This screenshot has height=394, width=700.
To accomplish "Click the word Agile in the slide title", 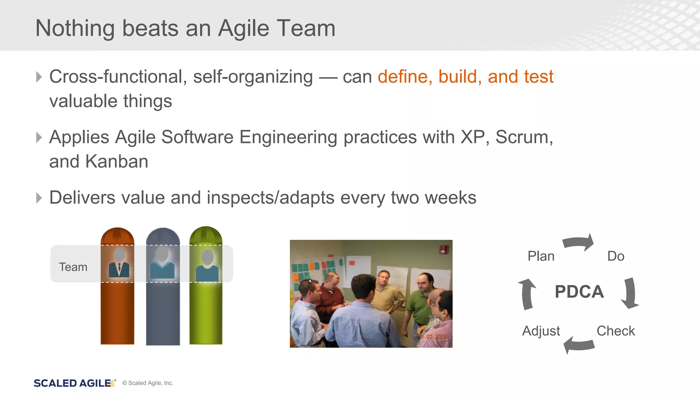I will point(244,29).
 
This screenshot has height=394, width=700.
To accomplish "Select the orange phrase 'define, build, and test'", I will point(465,77).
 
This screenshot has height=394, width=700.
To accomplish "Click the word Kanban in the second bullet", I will point(117,161).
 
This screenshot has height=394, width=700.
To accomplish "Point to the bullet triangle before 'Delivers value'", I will point(39,198).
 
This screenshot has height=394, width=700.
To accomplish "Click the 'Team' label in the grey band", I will point(73,267).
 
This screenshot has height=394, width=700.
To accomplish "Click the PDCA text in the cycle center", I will point(579,292).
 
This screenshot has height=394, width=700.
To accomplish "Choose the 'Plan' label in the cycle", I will point(541,256).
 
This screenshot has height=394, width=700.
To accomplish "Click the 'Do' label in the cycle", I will point(616,256).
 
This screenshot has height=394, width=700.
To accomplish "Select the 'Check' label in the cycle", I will point(615,331).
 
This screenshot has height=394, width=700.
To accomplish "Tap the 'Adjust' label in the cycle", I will point(541,331).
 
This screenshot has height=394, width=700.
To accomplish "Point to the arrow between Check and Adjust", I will point(579,345).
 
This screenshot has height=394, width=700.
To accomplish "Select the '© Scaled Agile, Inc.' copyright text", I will point(148,383).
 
